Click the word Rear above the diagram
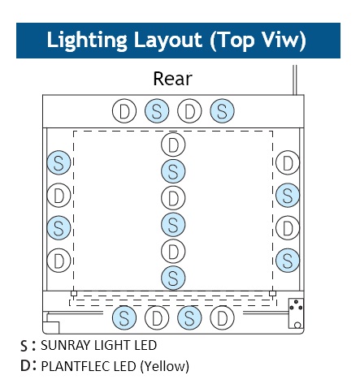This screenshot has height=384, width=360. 172,79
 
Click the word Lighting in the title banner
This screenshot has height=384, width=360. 87,41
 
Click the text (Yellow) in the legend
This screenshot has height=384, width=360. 164,366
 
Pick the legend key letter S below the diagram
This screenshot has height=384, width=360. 24,346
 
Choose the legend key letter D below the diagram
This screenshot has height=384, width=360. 25,365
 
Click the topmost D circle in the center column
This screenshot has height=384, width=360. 173,145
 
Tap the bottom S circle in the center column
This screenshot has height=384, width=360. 173,278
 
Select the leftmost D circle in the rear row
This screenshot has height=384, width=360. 124,111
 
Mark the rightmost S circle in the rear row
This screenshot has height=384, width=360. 222,111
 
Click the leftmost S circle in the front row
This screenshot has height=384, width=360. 124,317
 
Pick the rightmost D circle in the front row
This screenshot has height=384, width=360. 222,317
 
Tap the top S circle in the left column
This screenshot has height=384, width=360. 59,162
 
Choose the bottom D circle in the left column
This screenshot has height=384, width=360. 59,261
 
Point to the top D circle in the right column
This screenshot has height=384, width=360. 288,162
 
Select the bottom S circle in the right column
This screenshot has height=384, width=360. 288,261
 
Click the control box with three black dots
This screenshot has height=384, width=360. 296,313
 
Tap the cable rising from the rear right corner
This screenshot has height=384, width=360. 295,80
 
